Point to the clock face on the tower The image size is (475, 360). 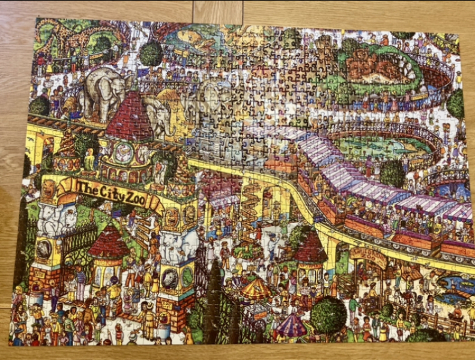click(124, 152)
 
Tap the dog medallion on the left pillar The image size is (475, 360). click(45, 249)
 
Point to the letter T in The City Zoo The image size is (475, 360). click(80, 186)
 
